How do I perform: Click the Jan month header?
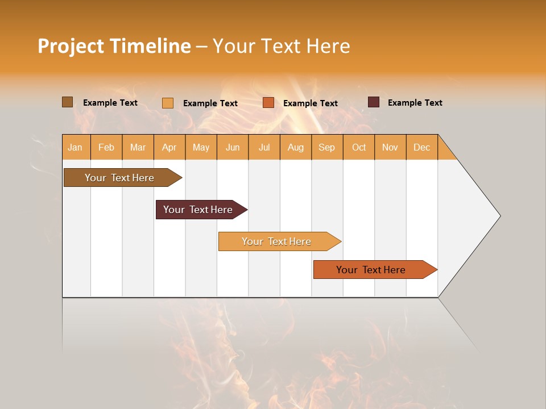[75, 147]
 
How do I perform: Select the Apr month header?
[169, 147]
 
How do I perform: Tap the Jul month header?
[264, 147]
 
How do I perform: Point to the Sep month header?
[326, 147]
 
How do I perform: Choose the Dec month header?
[421, 147]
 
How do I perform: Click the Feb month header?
[106, 147]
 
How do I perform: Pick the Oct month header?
[359, 147]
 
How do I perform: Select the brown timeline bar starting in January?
[119, 178]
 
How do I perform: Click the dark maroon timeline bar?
[198, 210]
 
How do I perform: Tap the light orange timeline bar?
[276, 241]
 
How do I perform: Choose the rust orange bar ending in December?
[371, 270]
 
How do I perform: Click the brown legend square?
[67, 102]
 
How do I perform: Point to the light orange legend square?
[168, 103]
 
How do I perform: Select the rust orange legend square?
[268, 103]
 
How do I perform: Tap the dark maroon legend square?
[374, 102]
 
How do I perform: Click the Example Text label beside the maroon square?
[415, 103]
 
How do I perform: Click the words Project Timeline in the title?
[114, 46]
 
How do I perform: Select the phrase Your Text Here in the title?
[282, 46]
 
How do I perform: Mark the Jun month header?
[233, 147]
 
